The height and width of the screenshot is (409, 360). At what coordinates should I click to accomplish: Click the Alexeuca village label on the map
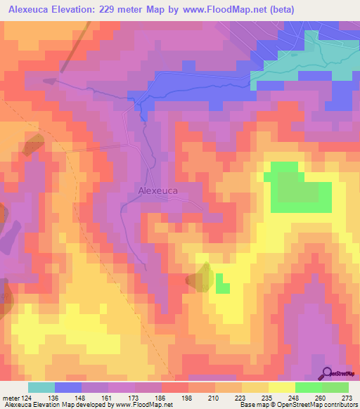pyautogui.click(x=157, y=190)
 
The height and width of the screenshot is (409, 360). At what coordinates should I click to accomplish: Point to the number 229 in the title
pyautogui.click(x=109, y=9)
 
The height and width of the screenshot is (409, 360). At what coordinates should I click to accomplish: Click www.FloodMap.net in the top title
pyautogui.click(x=219, y=9)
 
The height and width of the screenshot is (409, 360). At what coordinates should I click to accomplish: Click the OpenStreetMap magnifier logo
pyautogui.click(x=326, y=373)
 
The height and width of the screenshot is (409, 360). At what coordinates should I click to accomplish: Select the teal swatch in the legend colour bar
pyautogui.click(x=42, y=387)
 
